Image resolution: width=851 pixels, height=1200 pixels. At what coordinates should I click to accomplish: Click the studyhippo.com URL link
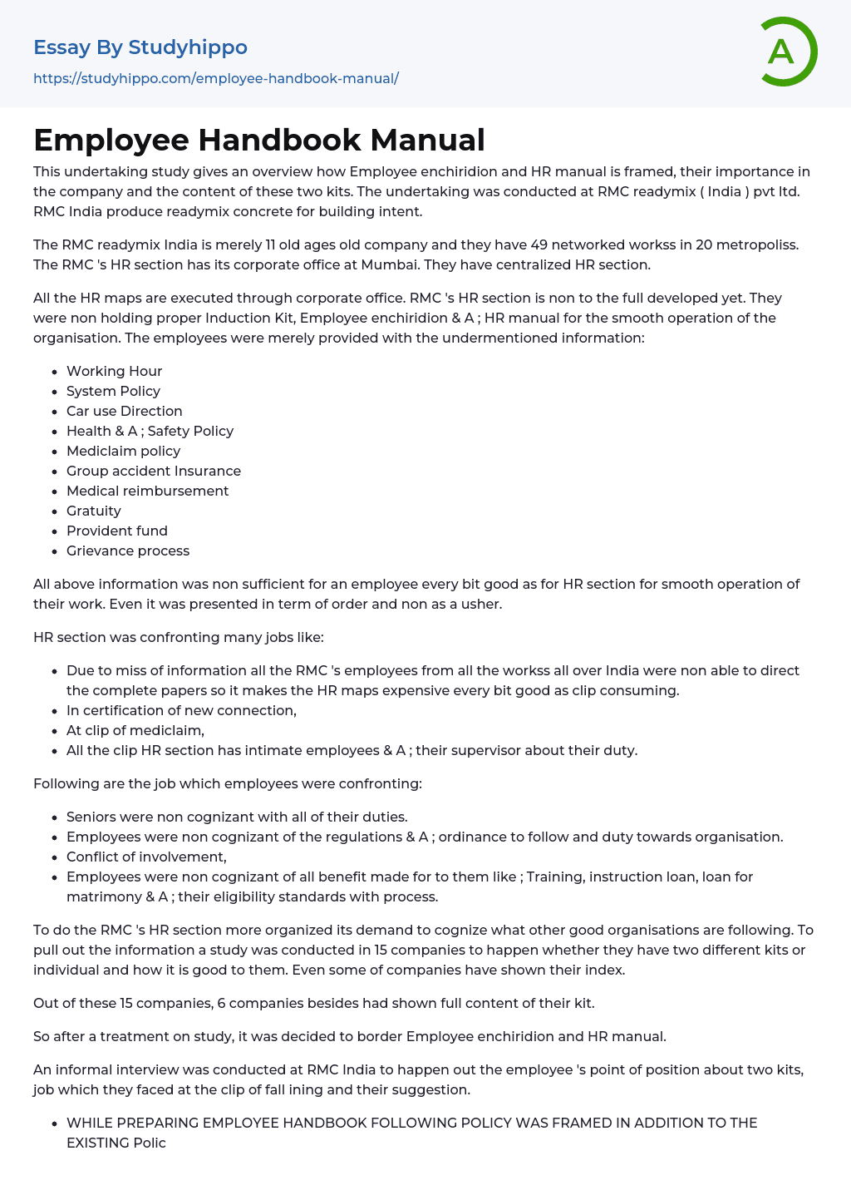tap(216, 78)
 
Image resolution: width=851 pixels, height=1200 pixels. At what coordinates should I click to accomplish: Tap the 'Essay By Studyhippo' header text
tap(140, 47)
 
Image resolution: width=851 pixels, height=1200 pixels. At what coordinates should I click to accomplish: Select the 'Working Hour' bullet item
tap(114, 371)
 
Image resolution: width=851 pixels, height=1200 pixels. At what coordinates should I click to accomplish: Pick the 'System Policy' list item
tap(113, 391)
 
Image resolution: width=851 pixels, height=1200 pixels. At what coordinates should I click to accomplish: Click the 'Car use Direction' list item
tap(124, 411)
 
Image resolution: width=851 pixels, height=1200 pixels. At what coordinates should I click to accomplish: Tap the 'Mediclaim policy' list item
tap(123, 451)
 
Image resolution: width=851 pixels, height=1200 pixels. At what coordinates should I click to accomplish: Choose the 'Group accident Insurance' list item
tap(154, 471)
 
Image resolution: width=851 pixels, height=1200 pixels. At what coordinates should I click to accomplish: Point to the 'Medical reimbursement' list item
tap(147, 491)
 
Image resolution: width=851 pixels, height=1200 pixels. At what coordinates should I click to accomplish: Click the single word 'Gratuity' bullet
tap(94, 511)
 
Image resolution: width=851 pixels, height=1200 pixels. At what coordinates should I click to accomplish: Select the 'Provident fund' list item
tap(117, 531)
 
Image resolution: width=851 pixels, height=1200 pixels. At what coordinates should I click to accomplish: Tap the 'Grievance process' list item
tap(128, 551)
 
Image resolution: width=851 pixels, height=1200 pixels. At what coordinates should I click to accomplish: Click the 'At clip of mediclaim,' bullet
tap(135, 730)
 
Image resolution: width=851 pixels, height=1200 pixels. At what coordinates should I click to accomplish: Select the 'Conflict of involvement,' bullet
tap(146, 857)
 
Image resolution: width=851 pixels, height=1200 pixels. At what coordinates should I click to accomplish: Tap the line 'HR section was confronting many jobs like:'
tap(179, 637)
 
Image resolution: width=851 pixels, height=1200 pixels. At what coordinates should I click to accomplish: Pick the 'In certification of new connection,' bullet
tap(181, 710)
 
